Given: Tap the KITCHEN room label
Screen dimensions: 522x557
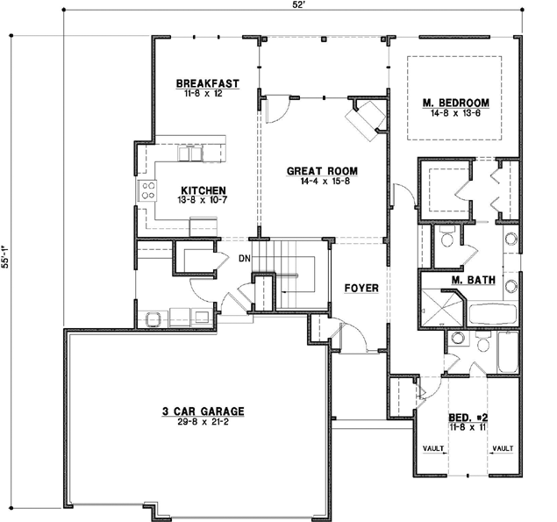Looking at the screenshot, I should click(x=204, y=189).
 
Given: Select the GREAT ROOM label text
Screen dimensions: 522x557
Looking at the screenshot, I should click(x=324, y=170).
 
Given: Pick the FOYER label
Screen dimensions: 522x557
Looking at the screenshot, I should click(x=361, y=287).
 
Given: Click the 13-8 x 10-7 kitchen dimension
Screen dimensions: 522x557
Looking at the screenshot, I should click(x=204, y=199).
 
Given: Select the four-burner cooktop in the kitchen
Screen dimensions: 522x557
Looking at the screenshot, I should click(x=147, y=189).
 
